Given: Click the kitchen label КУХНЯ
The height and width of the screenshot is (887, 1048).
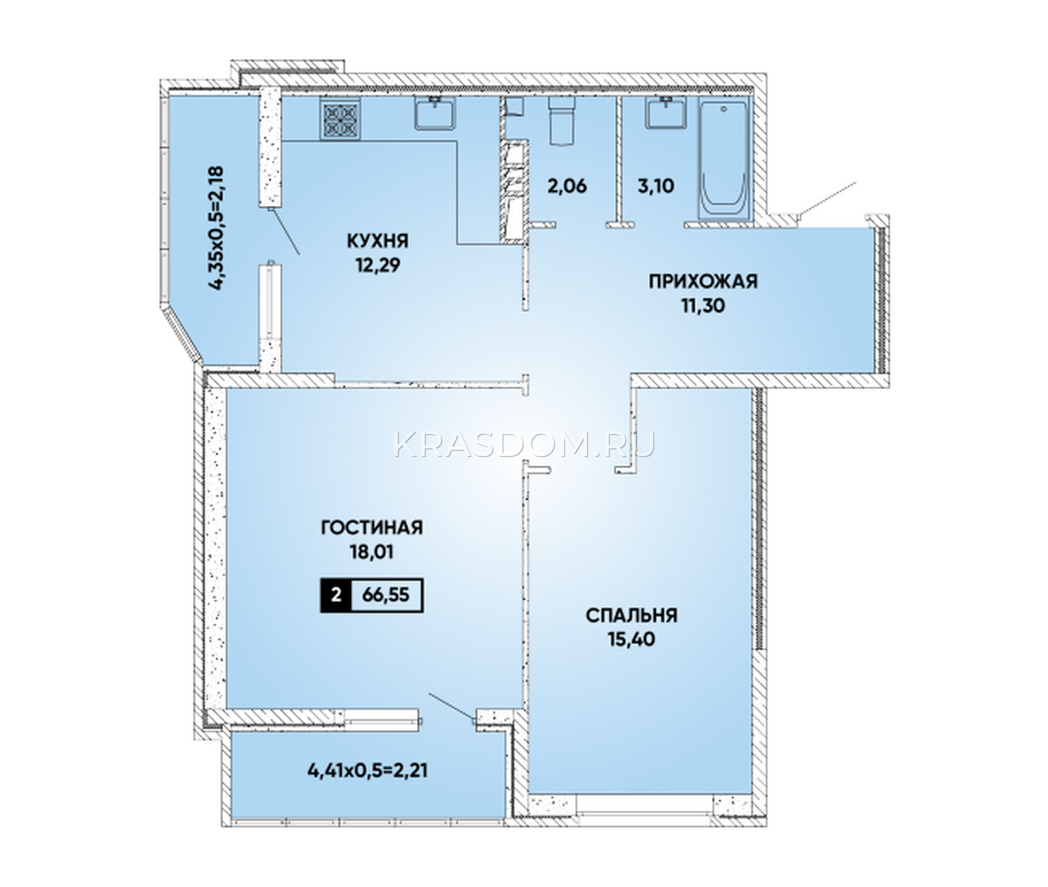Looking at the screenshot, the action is point(378,241).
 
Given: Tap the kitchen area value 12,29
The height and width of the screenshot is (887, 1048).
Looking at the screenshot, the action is point(378,265).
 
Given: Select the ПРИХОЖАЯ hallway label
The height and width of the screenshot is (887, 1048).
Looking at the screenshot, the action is point(703,282).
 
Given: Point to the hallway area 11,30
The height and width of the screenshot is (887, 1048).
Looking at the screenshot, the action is point(703,306).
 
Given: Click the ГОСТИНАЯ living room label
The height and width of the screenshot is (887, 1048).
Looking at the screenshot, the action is point(371,527).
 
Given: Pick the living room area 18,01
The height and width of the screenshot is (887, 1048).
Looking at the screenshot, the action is point(371,552).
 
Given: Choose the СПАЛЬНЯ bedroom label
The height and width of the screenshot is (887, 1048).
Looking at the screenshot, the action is point(631,615).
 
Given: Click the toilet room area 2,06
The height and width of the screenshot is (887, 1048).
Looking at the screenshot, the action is point(567,185).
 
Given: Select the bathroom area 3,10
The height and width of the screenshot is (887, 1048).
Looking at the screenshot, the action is point(656,185).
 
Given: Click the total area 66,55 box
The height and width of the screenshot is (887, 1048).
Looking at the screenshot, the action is point(386,595).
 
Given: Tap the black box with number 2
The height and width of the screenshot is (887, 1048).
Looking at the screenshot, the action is point(336,595).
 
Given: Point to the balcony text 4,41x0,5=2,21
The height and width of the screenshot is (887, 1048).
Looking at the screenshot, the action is point(367,770).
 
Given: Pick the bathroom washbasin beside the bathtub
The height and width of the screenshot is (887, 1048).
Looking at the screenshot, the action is point(667,112).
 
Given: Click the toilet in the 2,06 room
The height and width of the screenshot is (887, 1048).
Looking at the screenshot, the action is point(561,122).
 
